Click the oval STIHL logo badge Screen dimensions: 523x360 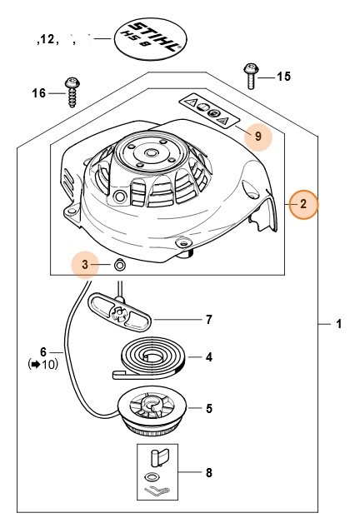click(x=150, y=37)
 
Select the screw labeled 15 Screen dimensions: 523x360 click(x=248, y=77)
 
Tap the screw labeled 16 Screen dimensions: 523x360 click(x=72, y=92)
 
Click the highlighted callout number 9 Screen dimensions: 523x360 click(x=257, y=135)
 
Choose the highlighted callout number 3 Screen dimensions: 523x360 click(x=84, y=265)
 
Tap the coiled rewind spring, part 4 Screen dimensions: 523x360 click(x=155, y=357)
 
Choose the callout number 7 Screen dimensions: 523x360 click(x=209, y=319)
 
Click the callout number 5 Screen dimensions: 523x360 click(x=208, y=408)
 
